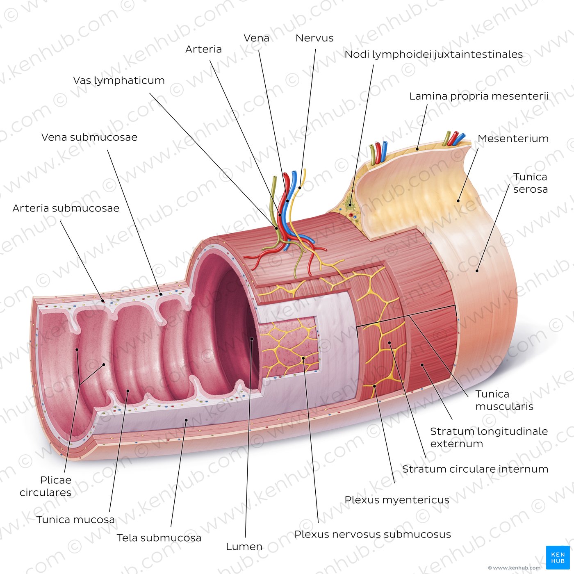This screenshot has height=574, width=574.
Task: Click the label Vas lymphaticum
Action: click(x=119, y=80)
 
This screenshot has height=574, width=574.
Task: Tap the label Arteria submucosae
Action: click(x=66, y=208)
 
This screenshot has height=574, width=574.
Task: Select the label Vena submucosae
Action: click(x=89, y=137)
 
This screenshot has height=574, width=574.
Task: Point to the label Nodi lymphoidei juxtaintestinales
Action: click(x=434, y=55)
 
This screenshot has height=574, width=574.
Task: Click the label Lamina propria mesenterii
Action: click(x=479, y=96)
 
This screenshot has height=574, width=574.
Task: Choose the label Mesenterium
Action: click(x=513, y=139)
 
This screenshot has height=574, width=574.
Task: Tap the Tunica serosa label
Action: click(x=531, y=183)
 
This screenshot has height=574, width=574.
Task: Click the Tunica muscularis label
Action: click(x=504, y=400)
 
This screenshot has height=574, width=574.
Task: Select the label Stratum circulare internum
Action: click(x=475, y=469)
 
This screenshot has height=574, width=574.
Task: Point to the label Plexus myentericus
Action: click(x=397, y=500)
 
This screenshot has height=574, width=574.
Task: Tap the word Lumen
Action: click(x=244, y=547)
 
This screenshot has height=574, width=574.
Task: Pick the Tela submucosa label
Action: click(x=159, y=538)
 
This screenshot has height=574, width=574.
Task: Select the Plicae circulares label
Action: click(x=46, y=486)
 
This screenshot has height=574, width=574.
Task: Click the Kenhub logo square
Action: click(x=558, y=558)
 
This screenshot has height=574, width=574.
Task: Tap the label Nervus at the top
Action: click(x=314, y=38)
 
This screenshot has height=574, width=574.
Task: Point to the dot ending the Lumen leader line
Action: click(x=252, y=339)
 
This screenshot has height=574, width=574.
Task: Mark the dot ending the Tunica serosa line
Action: click(x=477, y=271)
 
